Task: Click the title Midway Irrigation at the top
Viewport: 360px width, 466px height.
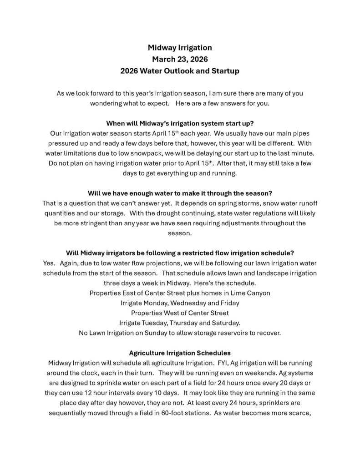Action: (x=180, y=47)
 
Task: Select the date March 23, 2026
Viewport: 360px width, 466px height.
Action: (x=180, y=59)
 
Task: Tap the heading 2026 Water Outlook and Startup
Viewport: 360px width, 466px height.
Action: (x=180, y=71)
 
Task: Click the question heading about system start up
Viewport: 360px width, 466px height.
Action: (x=180, y=123)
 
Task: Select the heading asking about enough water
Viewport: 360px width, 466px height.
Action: (x=180, y=192)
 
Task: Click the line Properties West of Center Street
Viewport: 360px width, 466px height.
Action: (x=180, y=313)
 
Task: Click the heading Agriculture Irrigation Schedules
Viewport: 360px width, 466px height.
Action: (x=180, y=353)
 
